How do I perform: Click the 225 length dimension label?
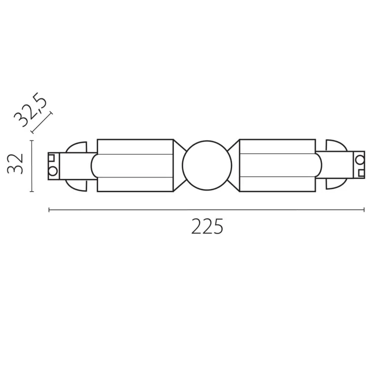point(207,226)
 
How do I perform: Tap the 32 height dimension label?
point(15,164)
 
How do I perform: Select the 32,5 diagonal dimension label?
point(30,109)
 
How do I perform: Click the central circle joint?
point(207,166)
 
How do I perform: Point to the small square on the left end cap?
point(52,158)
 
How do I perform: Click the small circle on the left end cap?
point(53,171)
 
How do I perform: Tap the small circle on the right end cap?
point(360,160)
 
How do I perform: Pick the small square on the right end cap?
point(361,173)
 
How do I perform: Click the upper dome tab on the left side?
point(76,147)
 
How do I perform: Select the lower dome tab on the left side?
point(76,185)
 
